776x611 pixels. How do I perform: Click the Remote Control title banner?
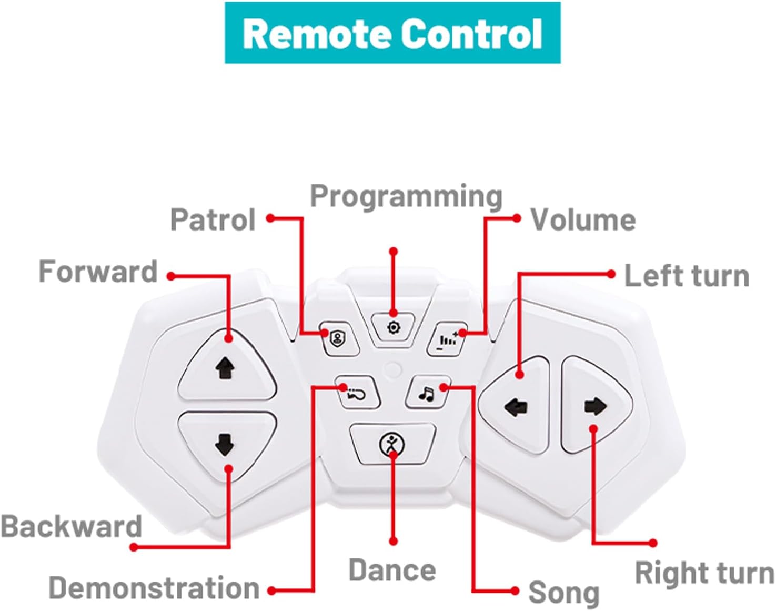point(392,33)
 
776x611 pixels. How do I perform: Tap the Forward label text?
point(98,272)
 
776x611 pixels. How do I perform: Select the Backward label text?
point(72,526)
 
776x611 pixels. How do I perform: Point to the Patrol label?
point(213,219)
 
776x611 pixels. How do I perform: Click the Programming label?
point(406,196)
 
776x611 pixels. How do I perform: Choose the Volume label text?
point(583,219)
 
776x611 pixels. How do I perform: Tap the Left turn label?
point(687,276)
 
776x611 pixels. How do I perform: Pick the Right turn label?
point(704,573)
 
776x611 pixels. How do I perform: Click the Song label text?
point(563,593)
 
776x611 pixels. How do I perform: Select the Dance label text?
point(392,570)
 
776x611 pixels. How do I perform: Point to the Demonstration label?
point(154,588)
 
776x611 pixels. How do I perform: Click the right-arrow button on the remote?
point(595,406)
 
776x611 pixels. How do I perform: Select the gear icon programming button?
point(393,328)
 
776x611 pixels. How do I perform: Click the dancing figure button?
point(392,445)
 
